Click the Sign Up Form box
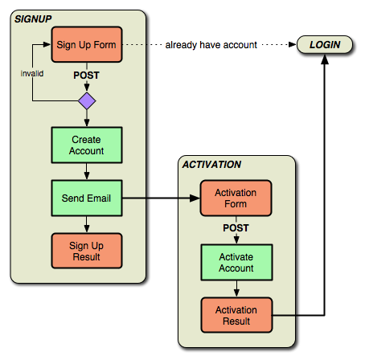(87, 44)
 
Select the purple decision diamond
(87, 101)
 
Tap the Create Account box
(87, 145)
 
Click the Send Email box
(87, 198)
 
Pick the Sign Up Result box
(87, 251)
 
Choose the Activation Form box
(236, 198)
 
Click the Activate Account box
(236, 262)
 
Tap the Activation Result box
(236, 315)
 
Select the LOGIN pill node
(325, 44)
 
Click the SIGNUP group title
(33, 19)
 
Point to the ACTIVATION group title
(211, 165)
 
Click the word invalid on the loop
(32, 73)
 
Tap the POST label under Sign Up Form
(86, 76)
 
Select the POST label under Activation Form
(236, 228)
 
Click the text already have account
(211, 45)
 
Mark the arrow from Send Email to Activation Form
(161, 198)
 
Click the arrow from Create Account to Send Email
(87, 171)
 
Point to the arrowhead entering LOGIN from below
(325, 59)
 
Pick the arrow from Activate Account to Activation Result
(236, 289)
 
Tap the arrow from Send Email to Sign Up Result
(87, 224)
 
